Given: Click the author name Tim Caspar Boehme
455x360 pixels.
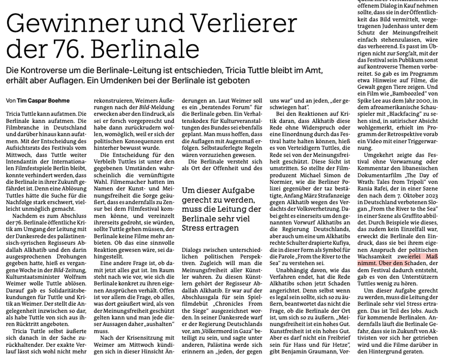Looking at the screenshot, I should click(x=43, y=101).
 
